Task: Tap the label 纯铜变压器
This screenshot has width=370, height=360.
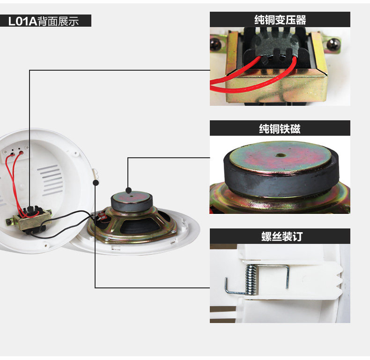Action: coord(280,20)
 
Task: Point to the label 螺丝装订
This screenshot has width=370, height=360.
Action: coord(280,236)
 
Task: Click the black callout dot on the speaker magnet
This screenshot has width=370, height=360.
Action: coord(128,191)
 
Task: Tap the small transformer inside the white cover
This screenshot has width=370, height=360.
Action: coord(29,220)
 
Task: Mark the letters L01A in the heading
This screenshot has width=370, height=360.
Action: coord(22,21)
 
